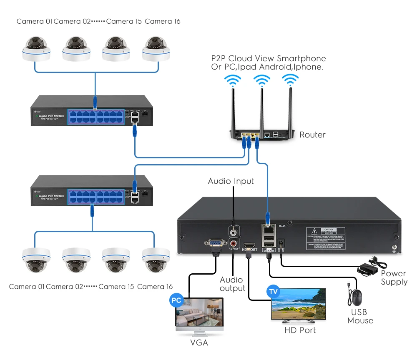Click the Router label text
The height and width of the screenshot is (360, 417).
pos(312,135)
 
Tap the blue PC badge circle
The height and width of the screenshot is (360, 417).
pos(176,300)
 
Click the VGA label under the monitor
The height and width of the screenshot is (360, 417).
pos(199,343)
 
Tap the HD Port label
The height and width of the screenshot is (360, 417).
pos(300,330)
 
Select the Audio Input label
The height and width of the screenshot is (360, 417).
pos(231,181)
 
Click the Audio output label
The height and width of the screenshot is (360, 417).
pos(233,284)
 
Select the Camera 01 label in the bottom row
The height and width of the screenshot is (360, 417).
pos(27,287)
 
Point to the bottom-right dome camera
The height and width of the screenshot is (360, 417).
pos(156,259)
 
